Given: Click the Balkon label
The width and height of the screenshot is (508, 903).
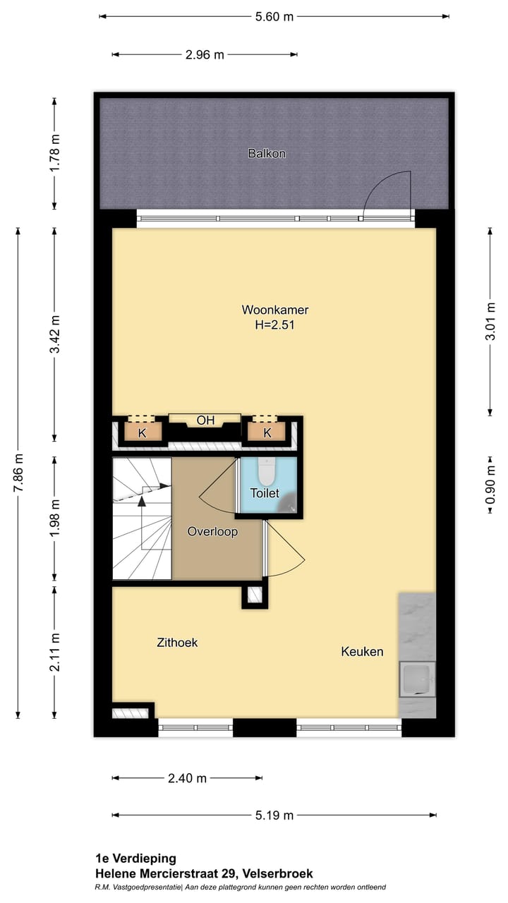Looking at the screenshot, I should pyautogui.click(x=267, y=153).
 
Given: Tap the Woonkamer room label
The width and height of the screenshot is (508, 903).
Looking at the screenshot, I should pyautogui.click(x=275, y=310).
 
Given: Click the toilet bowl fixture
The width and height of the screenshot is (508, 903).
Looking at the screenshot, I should pyautogui.click(x=266, y=469).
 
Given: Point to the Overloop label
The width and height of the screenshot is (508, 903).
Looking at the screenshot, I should pyautogui.click(x=212, y=532).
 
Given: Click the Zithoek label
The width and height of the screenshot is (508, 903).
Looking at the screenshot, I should pyautogui.click(x=177, y=643).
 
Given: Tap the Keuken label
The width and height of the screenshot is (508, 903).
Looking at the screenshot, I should pyautogui.click(x=362, y=651).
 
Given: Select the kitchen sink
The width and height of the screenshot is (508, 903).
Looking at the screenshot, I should pyautogui.click(x=416, y=679).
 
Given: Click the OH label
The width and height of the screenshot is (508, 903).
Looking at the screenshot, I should pyautogui.click(x=205, y=420).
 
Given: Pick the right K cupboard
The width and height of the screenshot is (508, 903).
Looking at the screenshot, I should pyautogui.click(x=267, y=432).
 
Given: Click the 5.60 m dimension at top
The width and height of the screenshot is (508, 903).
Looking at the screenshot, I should pyautogui.click(x=273, y=17).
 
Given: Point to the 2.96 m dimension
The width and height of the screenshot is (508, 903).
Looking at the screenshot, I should pyautogui.click(x=205, y=55).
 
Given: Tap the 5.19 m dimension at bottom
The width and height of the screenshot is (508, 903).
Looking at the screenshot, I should pyautogui.click(x=274, y=816).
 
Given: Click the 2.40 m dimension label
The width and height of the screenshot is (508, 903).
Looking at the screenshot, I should pyautogui.click(x=187, y=778).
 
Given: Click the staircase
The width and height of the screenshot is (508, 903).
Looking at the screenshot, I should pyautogui.click(x=142, y=519).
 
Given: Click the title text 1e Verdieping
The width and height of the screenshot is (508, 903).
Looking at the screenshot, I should pyautogui.click(x=136, y=859).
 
